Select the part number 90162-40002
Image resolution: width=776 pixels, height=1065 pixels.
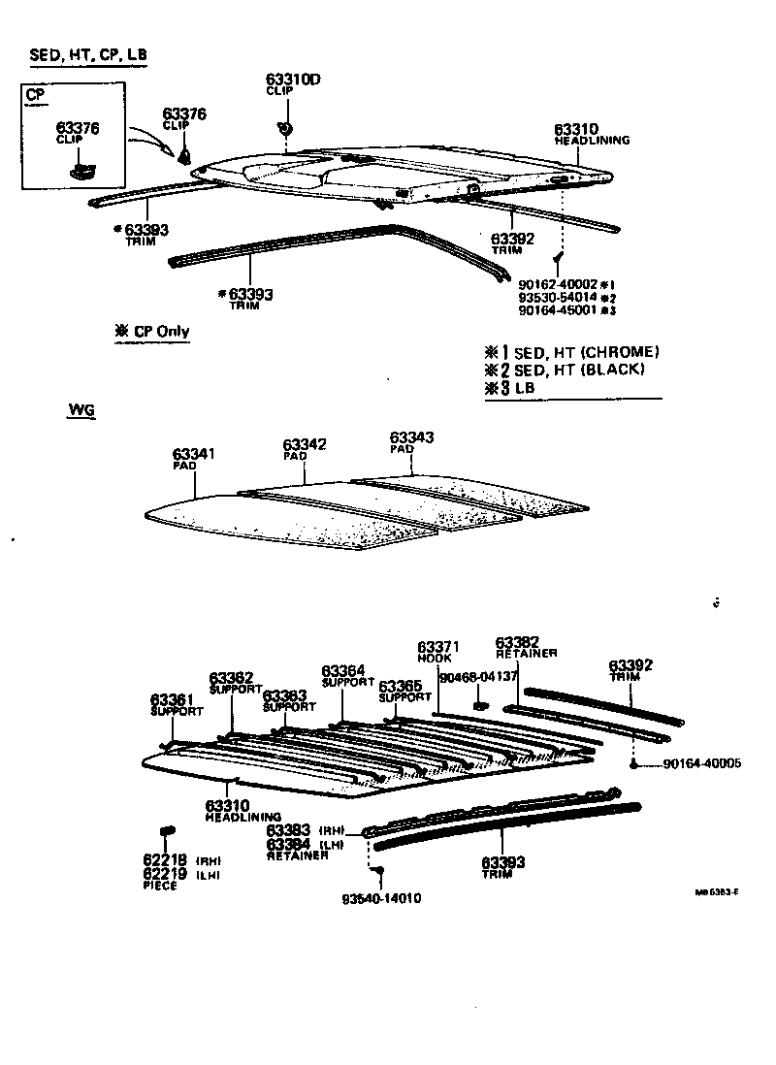coord(556,283)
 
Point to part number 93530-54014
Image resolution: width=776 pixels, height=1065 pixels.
coord(556,297)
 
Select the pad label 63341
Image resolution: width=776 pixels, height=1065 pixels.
coord(194,454)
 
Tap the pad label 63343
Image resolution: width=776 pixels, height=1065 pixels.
coord(411,437)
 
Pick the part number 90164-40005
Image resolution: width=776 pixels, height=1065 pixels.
coord(702,764)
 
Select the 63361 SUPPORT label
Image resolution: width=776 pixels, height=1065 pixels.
coord(172,699)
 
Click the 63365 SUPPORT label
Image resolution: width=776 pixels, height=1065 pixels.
coord(400,686)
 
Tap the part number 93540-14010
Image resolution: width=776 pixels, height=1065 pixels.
coord(381,898)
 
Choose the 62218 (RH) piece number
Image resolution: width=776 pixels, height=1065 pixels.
coord(164,860)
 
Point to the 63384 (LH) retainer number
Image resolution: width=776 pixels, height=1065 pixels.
coord(288,845)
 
